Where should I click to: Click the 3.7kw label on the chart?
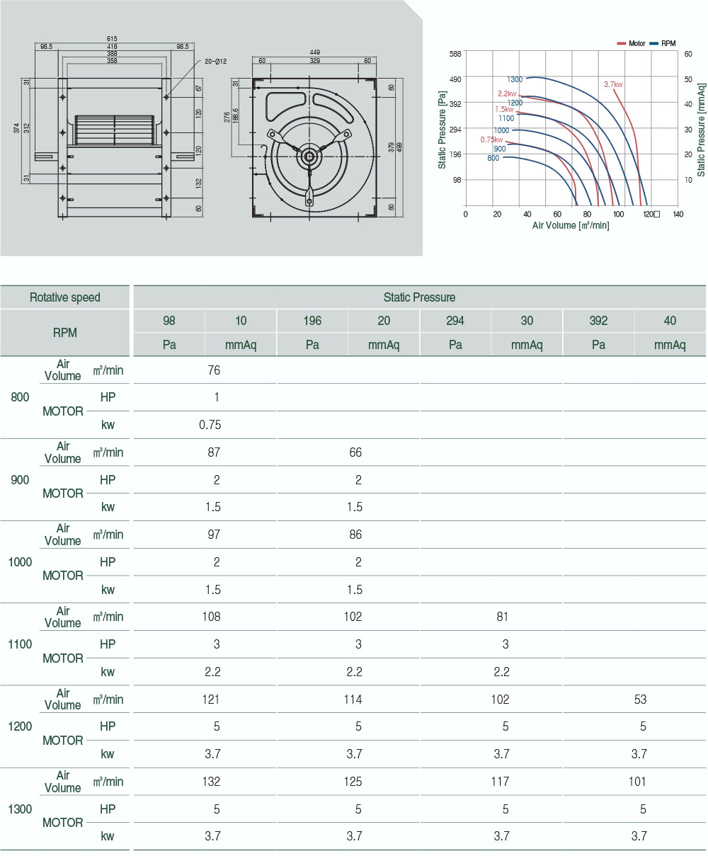613,84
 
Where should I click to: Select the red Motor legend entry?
632,43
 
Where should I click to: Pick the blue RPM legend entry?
663,43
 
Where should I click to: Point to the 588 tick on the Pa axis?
455,53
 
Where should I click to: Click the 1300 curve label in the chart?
515,79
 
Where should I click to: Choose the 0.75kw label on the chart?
491,139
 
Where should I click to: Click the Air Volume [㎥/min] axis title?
571,225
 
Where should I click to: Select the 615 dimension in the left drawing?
112,38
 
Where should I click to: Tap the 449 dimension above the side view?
314,52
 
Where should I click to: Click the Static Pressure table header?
419,297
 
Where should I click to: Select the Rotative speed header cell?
65,297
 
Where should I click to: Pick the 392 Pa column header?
598,321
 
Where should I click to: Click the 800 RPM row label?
21,397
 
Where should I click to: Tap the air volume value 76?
214,370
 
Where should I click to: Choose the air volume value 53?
640,700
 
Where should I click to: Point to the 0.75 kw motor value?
210,425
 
